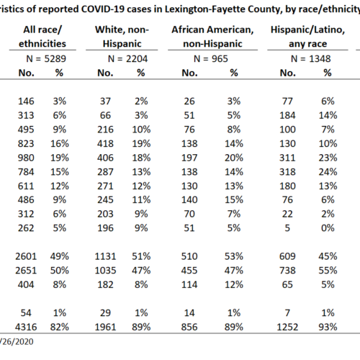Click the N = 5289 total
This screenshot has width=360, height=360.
click(46, 59)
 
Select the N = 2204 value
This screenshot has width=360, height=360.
click(127, 59)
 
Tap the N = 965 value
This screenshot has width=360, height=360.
click(211, 59)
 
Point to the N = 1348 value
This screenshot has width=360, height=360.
click(311, 59)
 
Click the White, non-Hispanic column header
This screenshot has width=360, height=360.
click(122, 37)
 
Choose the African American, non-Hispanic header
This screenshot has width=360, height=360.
click(212, 37)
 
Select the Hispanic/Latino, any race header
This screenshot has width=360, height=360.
click(308, 37)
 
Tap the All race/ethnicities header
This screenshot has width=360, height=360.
click(42, 37)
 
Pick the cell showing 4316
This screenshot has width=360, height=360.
click(26, 327)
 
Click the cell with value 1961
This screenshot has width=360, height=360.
click(105, 327)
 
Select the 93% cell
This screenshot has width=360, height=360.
click(328, 327)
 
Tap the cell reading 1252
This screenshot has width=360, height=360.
click(287, 327)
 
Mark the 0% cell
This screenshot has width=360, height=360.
click(328, 228)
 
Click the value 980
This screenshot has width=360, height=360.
click(26, 158)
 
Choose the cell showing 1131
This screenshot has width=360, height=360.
click(105, 256)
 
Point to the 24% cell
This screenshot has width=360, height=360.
click(328, 172)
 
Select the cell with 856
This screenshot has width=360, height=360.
click(189, 327)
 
